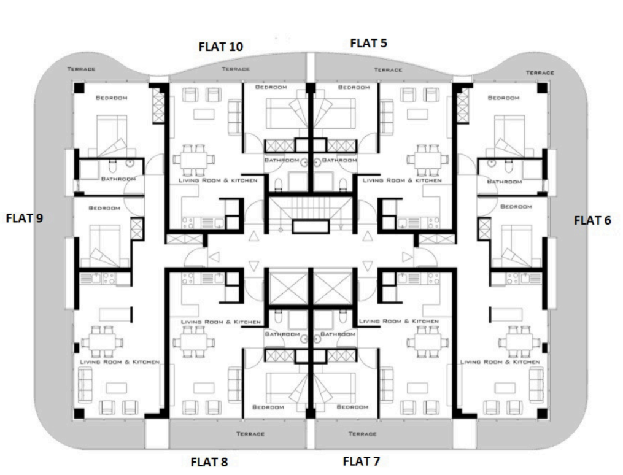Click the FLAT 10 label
tap(220, 47)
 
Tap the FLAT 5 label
tap(368, 43)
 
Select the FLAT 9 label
tap(25, 218)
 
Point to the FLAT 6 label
tap(592, 220)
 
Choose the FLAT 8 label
tap(209, 462)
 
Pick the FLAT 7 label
tap(361, 461)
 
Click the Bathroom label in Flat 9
tap(118, 179)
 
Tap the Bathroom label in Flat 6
tap(505, 182)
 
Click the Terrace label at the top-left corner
tap(82, 69)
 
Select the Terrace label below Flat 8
tap(250, 434)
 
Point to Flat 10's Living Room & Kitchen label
tap(218, 180)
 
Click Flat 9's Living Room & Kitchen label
tap(120, 362)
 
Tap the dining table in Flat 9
tap(103, 342)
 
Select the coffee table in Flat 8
tap(204, 388)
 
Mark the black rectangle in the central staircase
tap(311, 226)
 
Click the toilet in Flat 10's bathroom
tap(278, 184)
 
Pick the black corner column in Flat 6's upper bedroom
tap(542, 88)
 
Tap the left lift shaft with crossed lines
tap(288, 288)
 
